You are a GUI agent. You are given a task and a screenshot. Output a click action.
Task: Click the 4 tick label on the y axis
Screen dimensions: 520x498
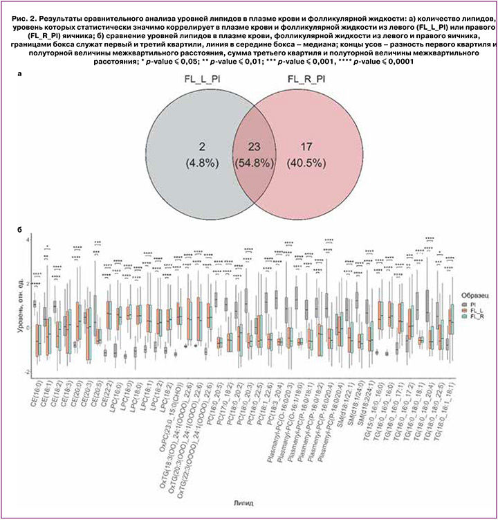[26, 239]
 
